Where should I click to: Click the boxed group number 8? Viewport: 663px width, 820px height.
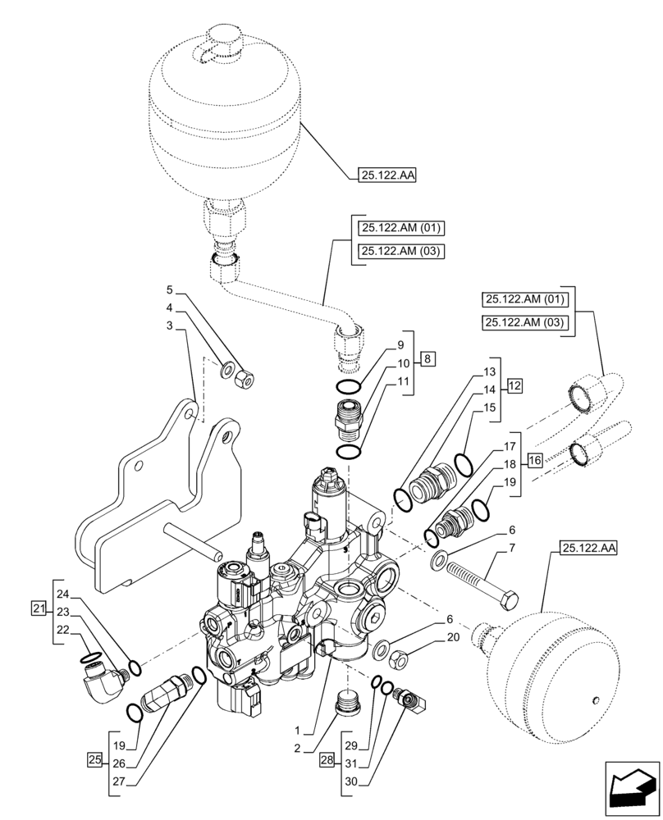430,358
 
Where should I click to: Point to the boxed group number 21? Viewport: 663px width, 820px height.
38,608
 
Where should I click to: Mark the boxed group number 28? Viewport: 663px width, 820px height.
327,761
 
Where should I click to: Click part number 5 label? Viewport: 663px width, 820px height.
169,289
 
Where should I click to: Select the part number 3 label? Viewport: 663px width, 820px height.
169,326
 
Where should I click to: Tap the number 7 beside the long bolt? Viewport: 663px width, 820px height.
512,547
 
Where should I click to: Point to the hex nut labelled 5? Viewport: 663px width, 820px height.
244,379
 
